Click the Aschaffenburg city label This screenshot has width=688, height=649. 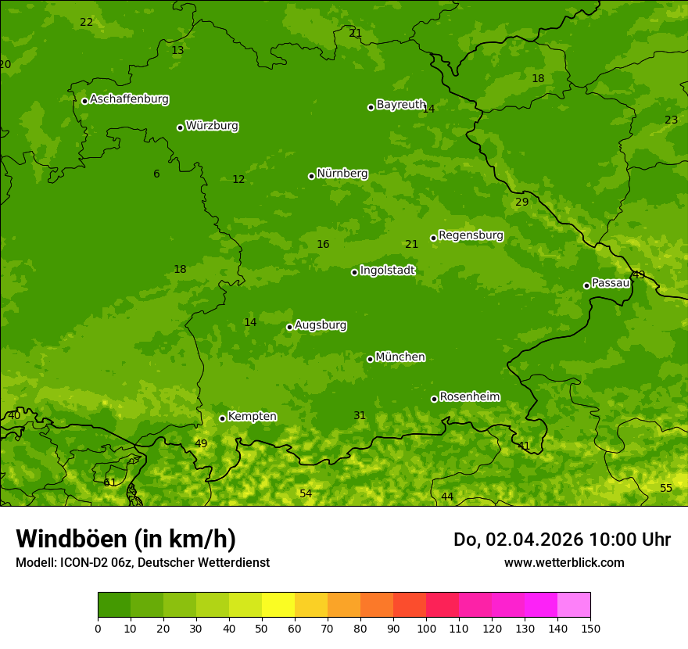(129, 99)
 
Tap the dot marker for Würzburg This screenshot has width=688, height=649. (180, 127)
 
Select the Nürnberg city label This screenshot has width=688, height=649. (342, 174)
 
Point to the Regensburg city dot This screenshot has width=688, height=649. (433, 238)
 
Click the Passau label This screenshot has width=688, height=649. (611, 283)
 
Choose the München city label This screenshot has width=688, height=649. (400, 357)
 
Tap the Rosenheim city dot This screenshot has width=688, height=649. (434, 399)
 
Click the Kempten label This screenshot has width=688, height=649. (252, 417)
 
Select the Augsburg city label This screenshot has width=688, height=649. (321, 325)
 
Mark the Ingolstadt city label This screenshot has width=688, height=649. (387, 271)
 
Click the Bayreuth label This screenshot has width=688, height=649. (400, 105)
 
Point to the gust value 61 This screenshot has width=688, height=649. (110, 482)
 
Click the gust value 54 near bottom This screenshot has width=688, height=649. (306, 493)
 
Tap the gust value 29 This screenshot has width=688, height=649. (522, 203)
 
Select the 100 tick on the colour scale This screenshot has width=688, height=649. (426, 628)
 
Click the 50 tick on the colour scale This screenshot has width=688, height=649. (262, 628)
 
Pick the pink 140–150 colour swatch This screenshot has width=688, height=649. (574, 605)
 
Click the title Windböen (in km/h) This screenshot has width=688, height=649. (126, 539)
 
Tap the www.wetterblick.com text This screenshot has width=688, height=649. (564, 562)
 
